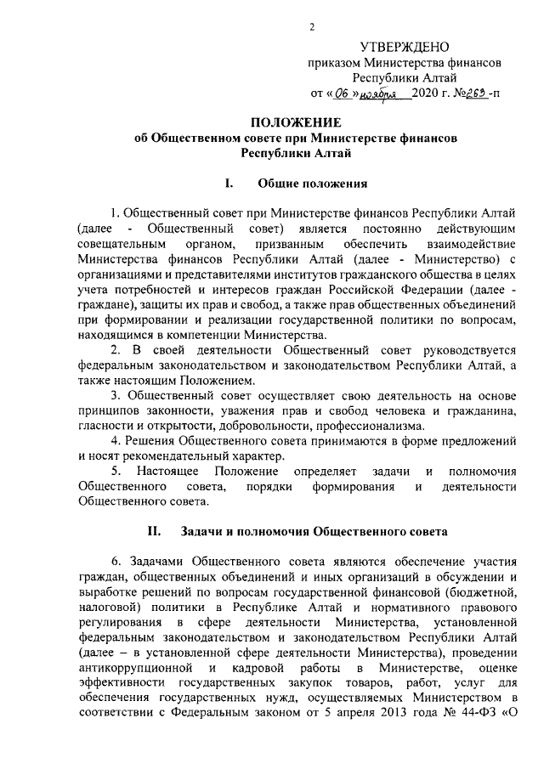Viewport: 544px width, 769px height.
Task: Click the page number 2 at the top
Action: [x=312, y=26]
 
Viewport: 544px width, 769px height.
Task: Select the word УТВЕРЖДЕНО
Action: [x=405, y=46]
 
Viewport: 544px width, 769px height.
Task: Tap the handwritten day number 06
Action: [x=340, y=94]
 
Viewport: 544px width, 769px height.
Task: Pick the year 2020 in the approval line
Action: [x=426, y=94]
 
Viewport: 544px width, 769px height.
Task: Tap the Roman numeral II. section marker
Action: [x=155, y=532]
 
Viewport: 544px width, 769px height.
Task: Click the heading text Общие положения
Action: [x=312, y=182]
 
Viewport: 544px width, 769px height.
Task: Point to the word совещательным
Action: [x=117, y=245]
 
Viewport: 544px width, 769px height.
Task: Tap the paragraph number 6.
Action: [x=116, y=563]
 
